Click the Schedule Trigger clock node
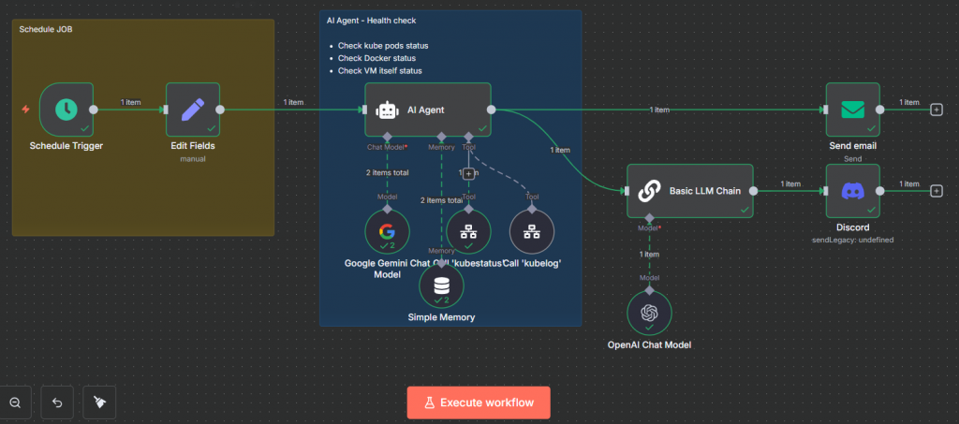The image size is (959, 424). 66,110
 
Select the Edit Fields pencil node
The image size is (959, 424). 192,110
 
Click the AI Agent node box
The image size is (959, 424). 427,110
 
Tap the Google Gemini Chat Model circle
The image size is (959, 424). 388,231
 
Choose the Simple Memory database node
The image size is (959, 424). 441,285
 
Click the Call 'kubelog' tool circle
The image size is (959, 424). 531,231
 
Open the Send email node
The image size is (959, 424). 852,110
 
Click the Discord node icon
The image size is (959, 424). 852,191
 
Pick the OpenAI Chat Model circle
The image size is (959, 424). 649,314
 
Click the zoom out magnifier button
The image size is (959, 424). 16,402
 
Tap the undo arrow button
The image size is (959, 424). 57,402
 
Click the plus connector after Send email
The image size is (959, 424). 936,110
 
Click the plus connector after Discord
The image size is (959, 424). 936,191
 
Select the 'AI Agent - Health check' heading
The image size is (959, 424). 371,21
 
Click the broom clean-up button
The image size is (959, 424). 99,402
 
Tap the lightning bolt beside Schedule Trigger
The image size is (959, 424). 26,110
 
